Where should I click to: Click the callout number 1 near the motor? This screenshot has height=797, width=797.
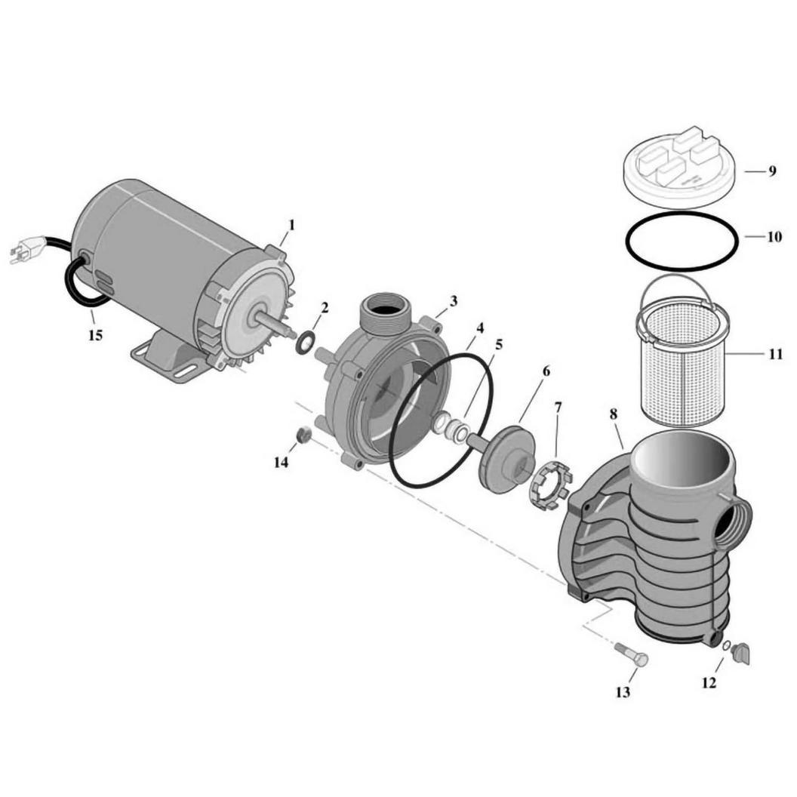[291, 224]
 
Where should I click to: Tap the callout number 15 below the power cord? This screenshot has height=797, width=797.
[96, 335]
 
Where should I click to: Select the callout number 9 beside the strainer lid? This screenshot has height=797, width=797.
[772, 171]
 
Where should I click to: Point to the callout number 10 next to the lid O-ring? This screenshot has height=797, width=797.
[774, 237]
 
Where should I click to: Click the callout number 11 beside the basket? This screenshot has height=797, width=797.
[775, 354]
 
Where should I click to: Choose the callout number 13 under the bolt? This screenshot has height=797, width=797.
[623, 692]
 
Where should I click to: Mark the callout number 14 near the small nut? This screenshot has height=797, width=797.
[281, 462]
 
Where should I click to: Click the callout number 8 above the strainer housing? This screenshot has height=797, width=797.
[614, 414]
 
